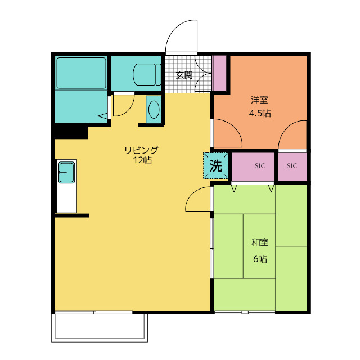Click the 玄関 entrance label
pos(184,75)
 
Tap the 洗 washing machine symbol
pos(216,165)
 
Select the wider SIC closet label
pos(260,166)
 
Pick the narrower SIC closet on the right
pos(292,166)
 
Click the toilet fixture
pos(147,74)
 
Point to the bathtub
pos(81,73)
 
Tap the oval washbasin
pos(154,109)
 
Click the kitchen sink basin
pos(66,173)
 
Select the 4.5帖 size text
pos(260,114)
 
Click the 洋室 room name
pos(259,100)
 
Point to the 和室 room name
pos(260,242)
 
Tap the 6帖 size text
pos(260,259)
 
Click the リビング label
pos(141,150)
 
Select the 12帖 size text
pos(142,160)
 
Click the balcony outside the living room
pos(100,327)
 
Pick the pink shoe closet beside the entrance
pos(219,73)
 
